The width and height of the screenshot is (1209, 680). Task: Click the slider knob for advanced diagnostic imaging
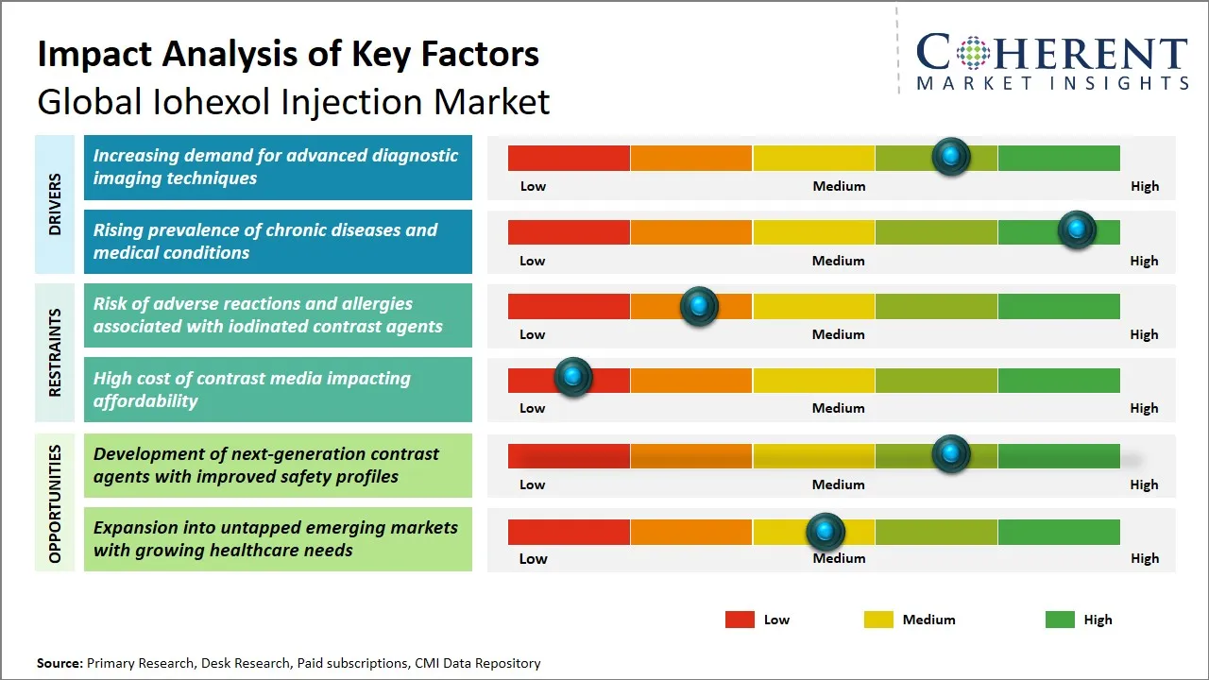951,157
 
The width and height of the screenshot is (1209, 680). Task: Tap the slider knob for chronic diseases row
1077,230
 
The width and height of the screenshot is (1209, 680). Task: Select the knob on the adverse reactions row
699,306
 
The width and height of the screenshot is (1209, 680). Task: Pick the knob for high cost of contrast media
572,378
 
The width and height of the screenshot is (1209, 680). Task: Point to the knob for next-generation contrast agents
951,454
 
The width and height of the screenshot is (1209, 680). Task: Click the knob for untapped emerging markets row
826,533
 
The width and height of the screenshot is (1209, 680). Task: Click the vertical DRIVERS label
54,203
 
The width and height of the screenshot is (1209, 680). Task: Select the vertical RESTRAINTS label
54,352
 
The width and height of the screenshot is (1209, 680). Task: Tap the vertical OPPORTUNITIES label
54,503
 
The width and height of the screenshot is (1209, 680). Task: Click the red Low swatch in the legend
740,620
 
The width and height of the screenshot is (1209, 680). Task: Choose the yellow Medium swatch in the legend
878,620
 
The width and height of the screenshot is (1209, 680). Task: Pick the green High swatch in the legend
1060,620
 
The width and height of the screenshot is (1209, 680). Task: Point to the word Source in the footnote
60,663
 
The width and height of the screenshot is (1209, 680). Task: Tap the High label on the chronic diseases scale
1144,261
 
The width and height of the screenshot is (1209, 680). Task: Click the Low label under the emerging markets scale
533,558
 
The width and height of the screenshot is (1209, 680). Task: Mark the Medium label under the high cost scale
839,408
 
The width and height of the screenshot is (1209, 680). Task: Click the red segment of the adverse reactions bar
569,306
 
